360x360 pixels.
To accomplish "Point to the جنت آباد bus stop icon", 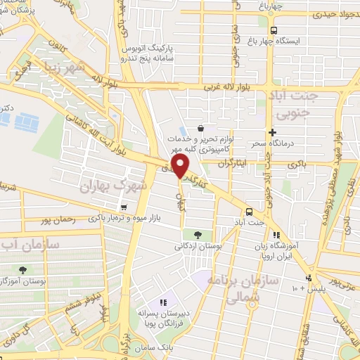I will (249, 212).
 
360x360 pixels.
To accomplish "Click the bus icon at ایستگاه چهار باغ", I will (273, 31).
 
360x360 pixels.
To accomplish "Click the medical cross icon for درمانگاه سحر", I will (273, 132).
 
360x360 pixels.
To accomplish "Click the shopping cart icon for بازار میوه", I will (124, 207).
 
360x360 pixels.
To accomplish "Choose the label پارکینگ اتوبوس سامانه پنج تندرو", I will (147, 52).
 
